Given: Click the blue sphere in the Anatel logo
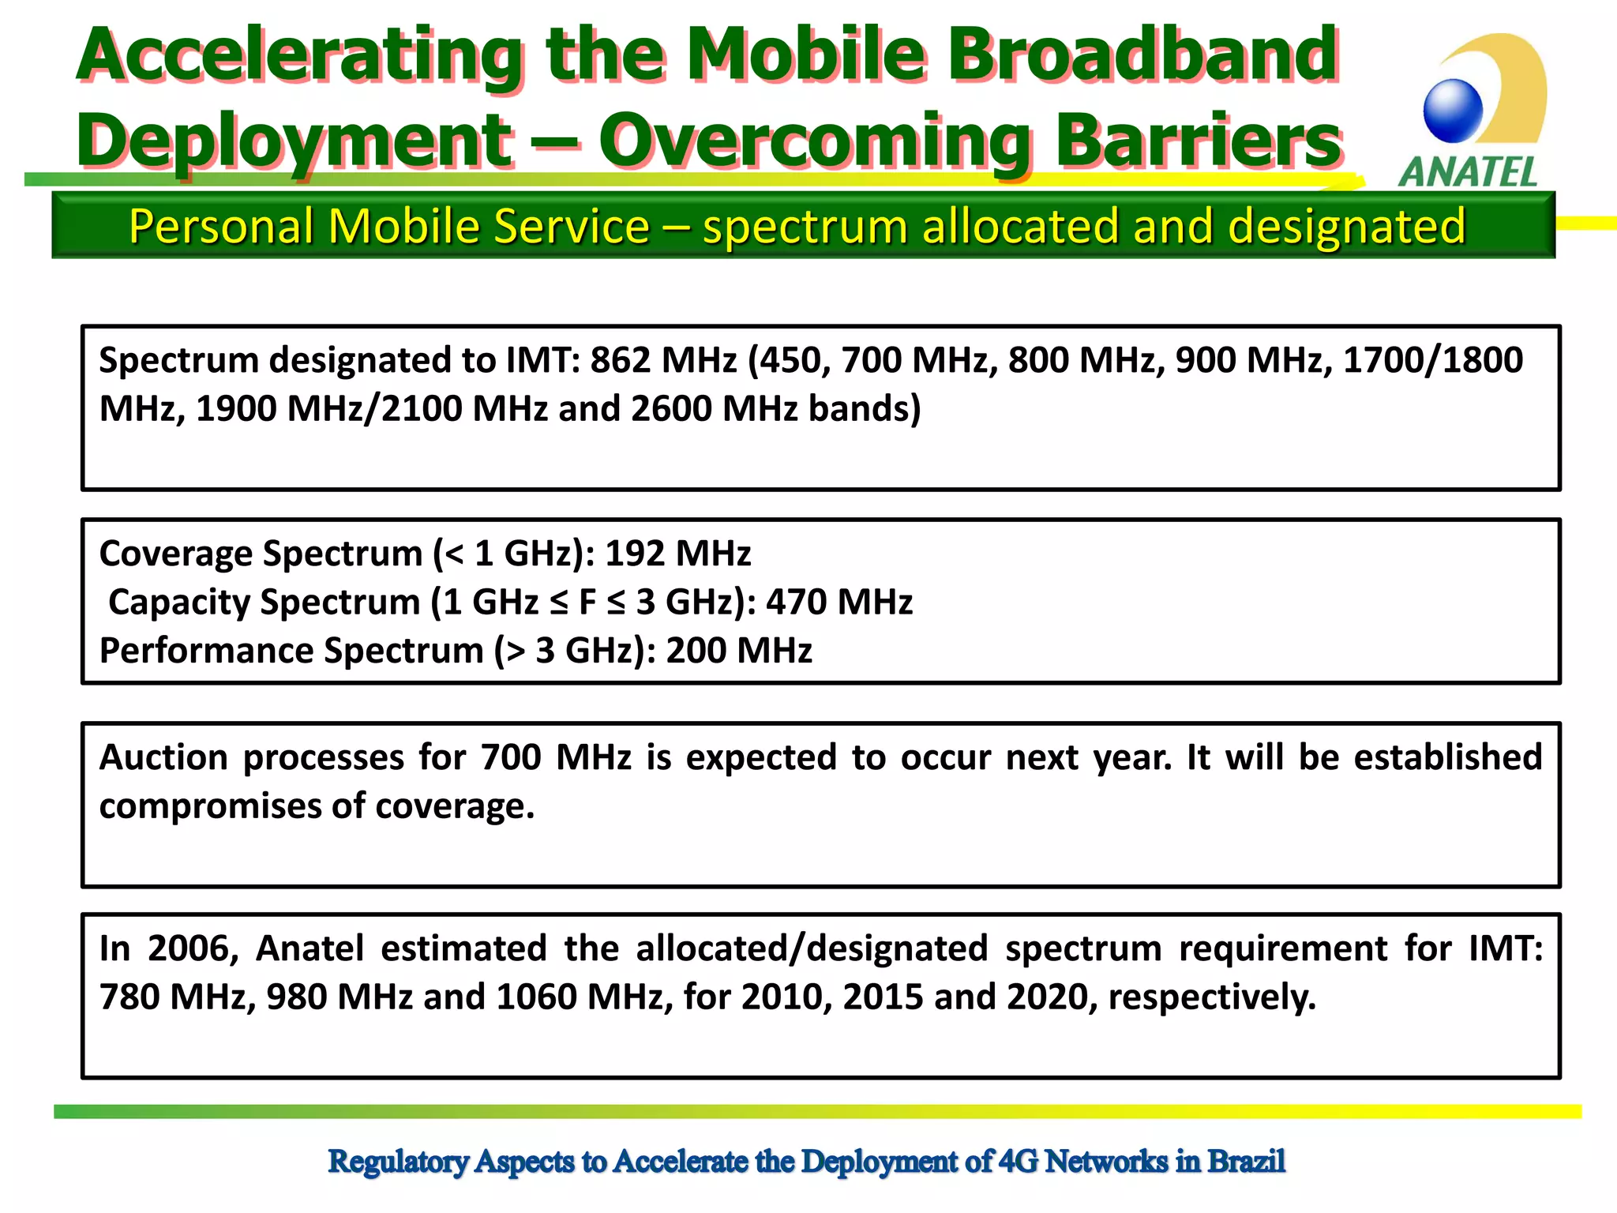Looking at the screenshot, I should coord(1453,111).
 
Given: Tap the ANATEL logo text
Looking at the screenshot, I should coord(1469,172).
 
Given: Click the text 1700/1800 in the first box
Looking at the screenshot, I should coord(1432,360).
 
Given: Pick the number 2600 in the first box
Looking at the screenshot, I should coord(670,409).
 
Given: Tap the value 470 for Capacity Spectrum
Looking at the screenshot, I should coord(796,603).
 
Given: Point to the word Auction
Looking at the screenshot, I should coord(163,757).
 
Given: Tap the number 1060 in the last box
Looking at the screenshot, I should coord(536,997).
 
